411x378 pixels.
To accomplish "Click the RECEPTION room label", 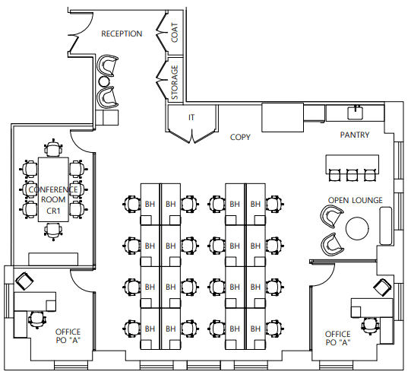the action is pyautogui.click(x=122, y=34).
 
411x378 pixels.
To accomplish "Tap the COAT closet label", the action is pyautogui.click(x=175, y=33).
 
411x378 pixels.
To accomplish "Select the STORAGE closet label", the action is pyautogui.click(x=175, y=82).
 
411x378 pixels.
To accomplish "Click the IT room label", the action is pyautogui.click(x=191, y=117).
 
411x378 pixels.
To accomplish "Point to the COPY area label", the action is pyautogui.click(x=240, y=138).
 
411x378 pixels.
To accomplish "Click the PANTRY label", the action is pyautogui.click(x=355, y=135).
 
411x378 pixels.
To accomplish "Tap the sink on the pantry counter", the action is pyautogui.click(x=356, y=113).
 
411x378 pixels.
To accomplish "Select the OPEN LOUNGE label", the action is pyautogui.click(x=356, y=200).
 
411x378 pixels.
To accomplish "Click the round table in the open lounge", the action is pyautogui.click(x=357, y=228).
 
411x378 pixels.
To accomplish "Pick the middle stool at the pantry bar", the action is pyautogui.click(x=352, y=175).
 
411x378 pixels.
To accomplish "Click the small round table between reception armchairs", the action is pyautogui.click(x=104, y=81).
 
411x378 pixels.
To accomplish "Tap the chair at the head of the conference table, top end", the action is pyautogui.click(x=53, y=148).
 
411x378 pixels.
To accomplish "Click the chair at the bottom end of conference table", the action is pyautogui.click(x=53, y=231).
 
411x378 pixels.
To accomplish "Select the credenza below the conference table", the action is pyautogui.click(x=53, y=259).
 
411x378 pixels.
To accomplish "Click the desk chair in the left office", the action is pyautogui.click(x=37, y=319).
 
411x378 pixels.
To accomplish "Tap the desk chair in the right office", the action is pyautogui.click(x=370, y=326).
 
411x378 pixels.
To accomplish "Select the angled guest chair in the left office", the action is pyautogui.click(x=24, y=281).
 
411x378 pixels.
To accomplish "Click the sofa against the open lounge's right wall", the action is pyautogui.click(x=386, y=226).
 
